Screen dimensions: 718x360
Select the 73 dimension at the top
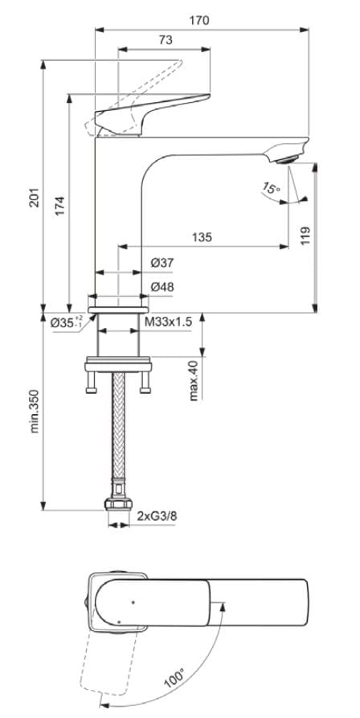[x=165, y=39]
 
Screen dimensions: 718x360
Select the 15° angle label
[x=271, y=190]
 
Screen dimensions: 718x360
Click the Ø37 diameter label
[x=162, y=263]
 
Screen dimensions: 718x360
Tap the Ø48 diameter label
[x=162, y=286]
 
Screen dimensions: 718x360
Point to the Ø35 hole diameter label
[x=66, y=322]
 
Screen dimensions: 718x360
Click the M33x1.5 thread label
[x=168, y=322]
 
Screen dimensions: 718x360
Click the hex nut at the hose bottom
[x=117, y=506]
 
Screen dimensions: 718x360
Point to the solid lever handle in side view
[x=153, y=109]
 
